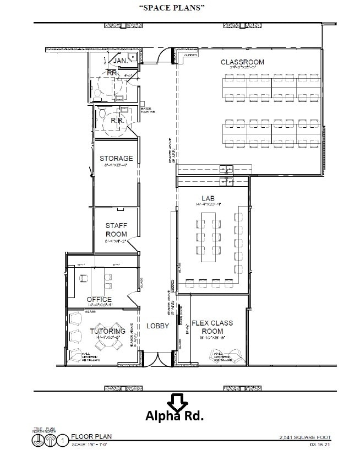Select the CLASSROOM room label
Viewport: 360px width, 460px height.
tap(243, 62)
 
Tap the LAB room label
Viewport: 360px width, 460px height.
tap(208, 198)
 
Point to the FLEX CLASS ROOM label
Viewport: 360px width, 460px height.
tap(212, 327)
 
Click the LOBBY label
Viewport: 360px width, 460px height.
tap(157, 326)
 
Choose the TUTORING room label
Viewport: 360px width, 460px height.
tap(107, 331)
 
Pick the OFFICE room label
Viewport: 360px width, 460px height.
tap(99, 300)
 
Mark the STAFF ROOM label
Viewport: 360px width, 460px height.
tap(116, 230)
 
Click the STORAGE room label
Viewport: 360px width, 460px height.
tap(116, 159)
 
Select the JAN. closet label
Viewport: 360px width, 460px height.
tap(121, 60)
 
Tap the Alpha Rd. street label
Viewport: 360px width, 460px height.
tap(174, 416)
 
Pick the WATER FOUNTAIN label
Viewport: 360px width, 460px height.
tap(148, 110)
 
